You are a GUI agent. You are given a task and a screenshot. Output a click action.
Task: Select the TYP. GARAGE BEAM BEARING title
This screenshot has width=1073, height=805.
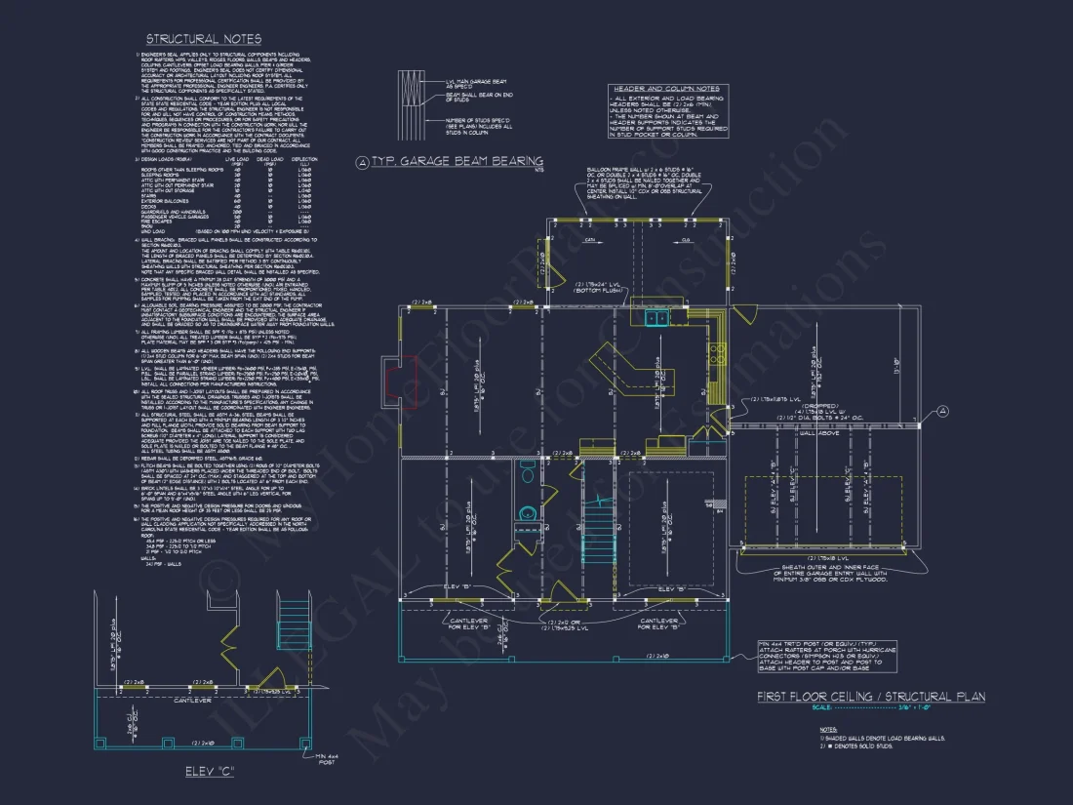(450, 161)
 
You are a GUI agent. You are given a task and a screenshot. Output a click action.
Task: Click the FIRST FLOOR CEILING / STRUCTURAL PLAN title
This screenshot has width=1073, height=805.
(870, 697)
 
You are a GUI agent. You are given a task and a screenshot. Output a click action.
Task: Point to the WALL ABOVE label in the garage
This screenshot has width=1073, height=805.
(820, 436)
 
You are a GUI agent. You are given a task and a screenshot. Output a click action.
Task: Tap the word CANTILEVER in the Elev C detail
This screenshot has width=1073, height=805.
(194, 700)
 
